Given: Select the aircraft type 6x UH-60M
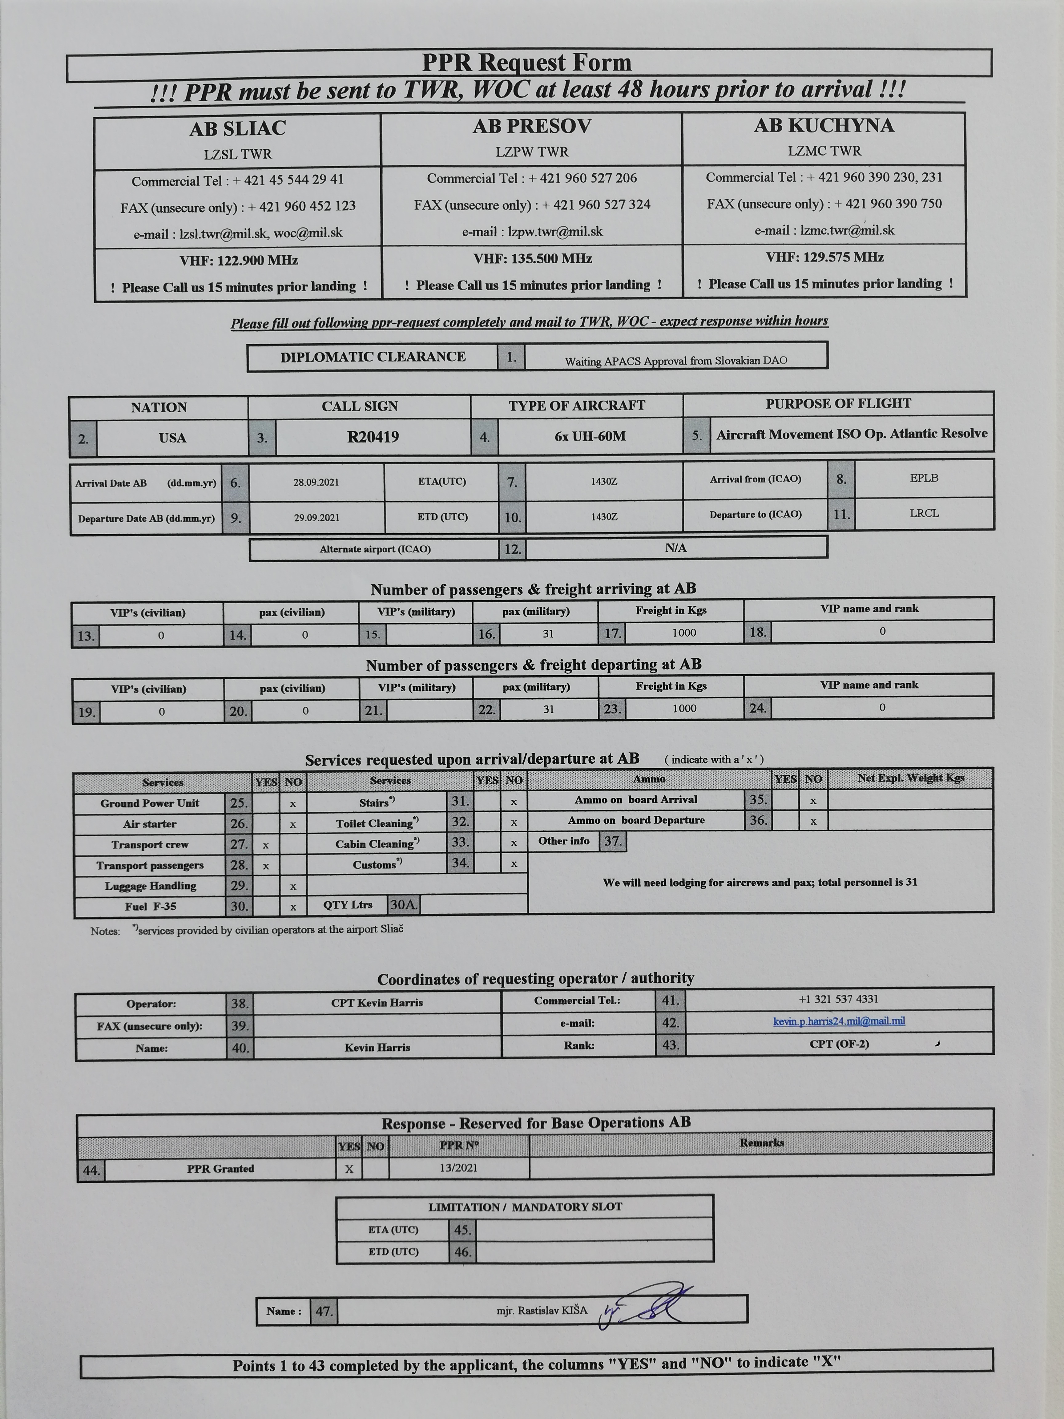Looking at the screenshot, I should pyautogui.click(x=590, y=436).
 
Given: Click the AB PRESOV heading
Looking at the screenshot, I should pyautogui.click(x=532, y=126).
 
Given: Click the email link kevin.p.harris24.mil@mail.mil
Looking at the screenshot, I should pyautogui.click(x=839, y=1021).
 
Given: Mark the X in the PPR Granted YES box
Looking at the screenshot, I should pyautogui.click(x=349, y=1169).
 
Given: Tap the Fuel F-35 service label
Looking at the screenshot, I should pyautogui.click(x=150, y=907).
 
